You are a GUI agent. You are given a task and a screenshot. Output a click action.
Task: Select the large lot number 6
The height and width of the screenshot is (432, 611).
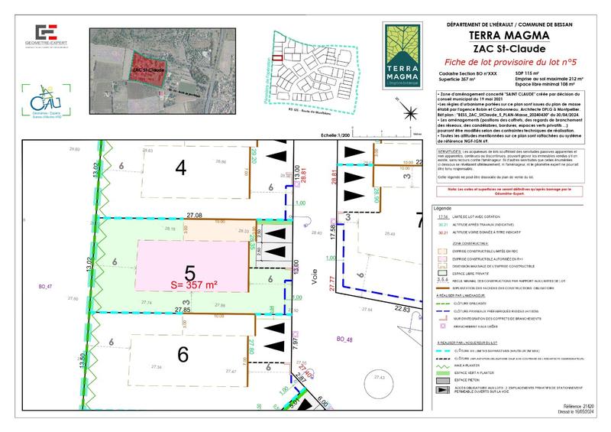[183, 355]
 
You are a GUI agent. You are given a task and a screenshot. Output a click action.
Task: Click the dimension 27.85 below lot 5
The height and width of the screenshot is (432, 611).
[183, 310]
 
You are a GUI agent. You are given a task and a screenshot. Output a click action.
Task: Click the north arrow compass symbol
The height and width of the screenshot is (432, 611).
[412, 115]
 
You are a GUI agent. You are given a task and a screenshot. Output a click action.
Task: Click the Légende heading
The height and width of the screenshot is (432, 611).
[442, 208]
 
